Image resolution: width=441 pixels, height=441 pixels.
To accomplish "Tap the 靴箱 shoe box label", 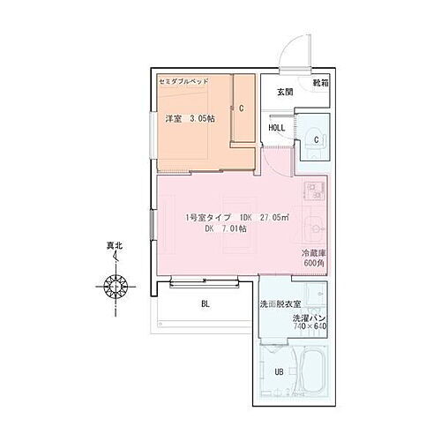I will [319, 84].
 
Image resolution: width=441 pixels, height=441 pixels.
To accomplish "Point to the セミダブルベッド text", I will [183, 80].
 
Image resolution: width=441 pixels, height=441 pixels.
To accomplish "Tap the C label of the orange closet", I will [241, 108].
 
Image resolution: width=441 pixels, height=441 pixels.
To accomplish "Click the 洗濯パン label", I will [310, 316].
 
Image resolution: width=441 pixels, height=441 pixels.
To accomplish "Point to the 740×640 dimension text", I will [310, 326].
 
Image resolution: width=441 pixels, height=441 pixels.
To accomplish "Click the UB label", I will [279, 371].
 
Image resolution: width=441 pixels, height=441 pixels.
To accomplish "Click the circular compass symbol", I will [116, 287].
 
